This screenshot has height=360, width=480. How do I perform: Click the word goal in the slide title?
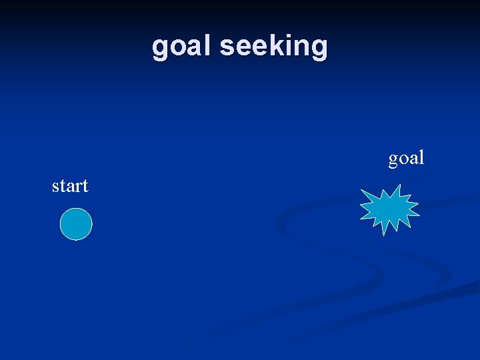point(181,47)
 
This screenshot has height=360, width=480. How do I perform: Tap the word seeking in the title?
point(273,47)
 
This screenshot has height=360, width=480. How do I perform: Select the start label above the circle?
point(70,185)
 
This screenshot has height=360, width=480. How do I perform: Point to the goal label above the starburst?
point(406,158)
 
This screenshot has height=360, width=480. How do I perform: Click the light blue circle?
point(76,224)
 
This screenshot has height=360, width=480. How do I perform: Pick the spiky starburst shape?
point(389,209)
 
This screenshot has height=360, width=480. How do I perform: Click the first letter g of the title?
point(160,49)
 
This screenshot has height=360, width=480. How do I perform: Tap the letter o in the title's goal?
point(177,48)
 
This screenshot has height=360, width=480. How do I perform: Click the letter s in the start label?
point(56,187)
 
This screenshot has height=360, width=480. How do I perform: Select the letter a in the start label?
point(70,187)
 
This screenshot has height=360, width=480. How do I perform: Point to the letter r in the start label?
point(78,187)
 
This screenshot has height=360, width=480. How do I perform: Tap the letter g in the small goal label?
point(394,160)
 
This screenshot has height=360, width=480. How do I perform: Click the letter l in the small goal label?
point(421,157)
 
